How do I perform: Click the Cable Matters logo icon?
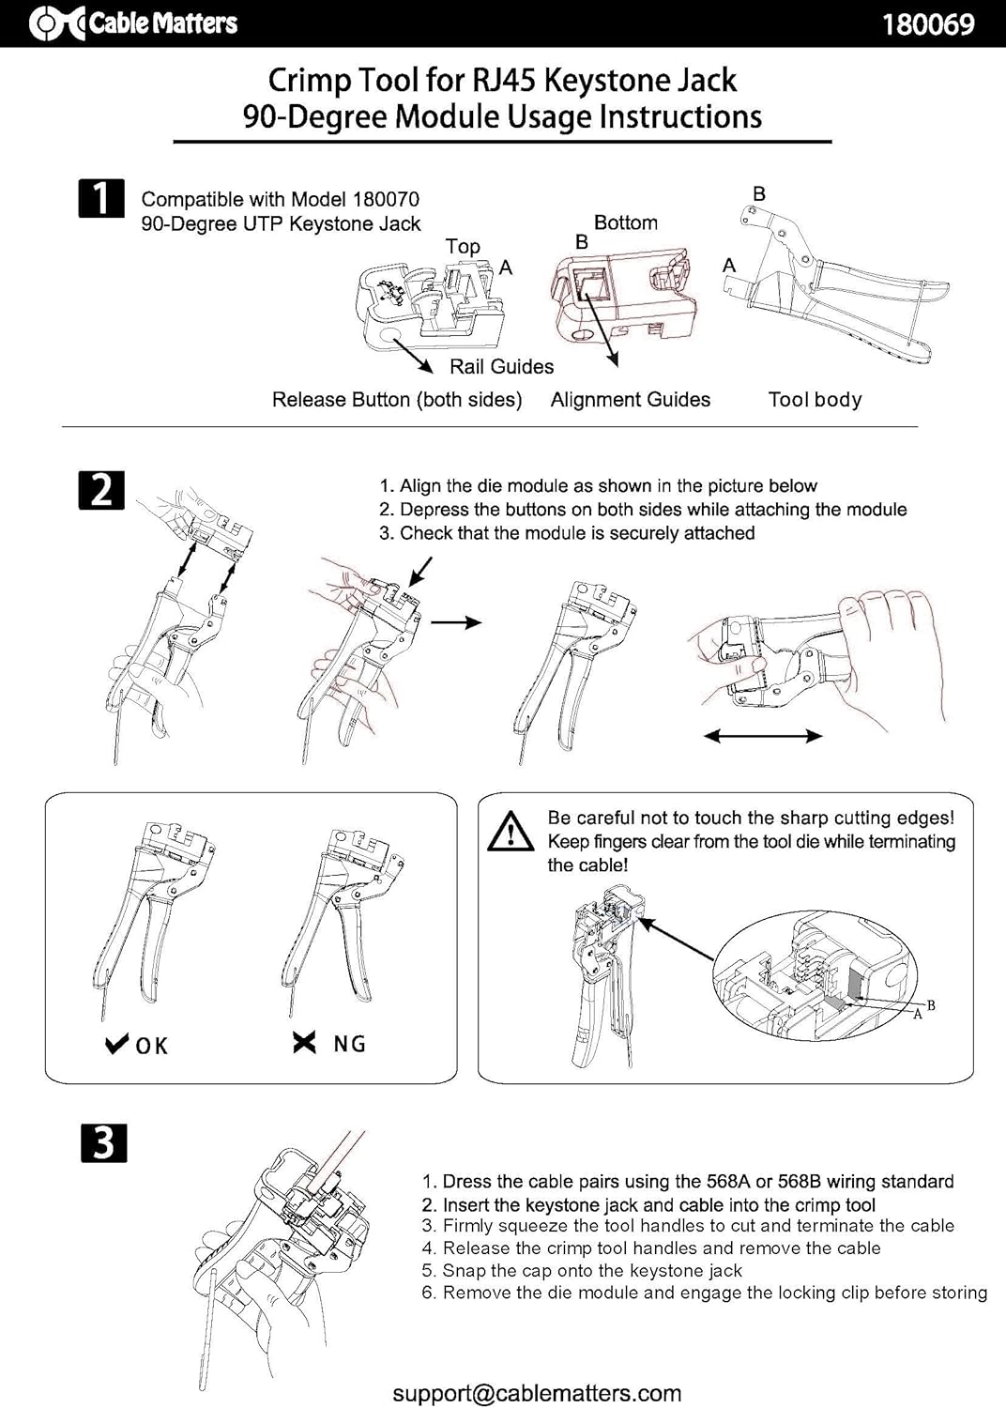tap(56, 23)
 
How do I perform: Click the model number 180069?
tap(928, 24)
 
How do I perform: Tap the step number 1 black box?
tap(101, 199)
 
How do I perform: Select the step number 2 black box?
tap(101, 490)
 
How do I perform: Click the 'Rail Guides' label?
tap(501, 366)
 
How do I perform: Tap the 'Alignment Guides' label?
tap(631, 399)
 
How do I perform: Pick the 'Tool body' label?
tap(815, 400)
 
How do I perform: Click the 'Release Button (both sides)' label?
tap(397, 400)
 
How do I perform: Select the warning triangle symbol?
tap(511, 831)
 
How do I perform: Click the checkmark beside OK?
tap(117, 1044)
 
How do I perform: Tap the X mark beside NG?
tap(304, 1043)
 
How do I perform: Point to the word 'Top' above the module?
tap(463, 246)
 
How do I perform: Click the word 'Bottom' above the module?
tap(626, 222)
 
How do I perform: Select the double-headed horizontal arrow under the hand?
tap(762, 735)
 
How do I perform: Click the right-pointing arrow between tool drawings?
tap(456, 622)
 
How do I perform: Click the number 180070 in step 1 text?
tap(386, 199)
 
